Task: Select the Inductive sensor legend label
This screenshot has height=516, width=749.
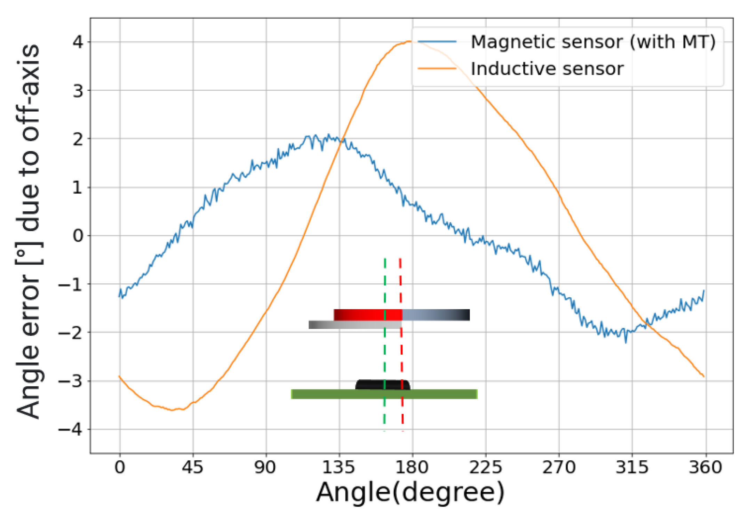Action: pyautogui.click(x=547, y=68)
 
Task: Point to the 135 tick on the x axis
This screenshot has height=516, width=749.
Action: pyautogui.click(x=339, y=467)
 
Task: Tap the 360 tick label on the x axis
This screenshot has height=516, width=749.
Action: pyautogui.click(x=705, y=467)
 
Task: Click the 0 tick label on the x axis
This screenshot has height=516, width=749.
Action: pyautogui.click(x=120, y=467)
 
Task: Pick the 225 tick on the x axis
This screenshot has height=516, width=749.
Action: pyautogui.click(x=486, y=467)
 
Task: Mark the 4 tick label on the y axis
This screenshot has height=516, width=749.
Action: pyautogui.click(x=78, y=42)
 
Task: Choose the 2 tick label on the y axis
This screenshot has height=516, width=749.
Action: pyautogui.click(x=78, y=139)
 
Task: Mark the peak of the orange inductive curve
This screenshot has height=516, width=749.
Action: pyautogui.click(x=409, y=41)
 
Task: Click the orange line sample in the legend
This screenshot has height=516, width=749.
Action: pyautogui.click(x=437, y=68)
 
